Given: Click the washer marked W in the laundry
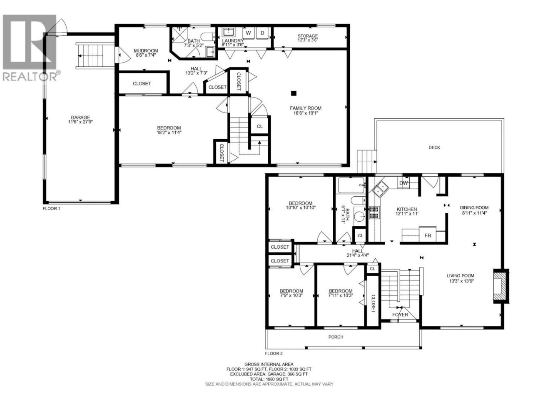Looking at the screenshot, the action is pyautogui.click(x=248, y=33).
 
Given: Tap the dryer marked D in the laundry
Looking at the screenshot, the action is pyautogui.click(x=262, y=33).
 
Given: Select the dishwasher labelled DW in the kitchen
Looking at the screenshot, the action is pyautogui.click(x=403, y=183).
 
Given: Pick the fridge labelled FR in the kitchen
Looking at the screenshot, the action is pyautogui.click(x=428, y=235).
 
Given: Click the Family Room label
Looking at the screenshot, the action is pyautogui.click(x=306, y=108).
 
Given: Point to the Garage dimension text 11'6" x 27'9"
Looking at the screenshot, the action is pyautogui.click(x=80, y=122).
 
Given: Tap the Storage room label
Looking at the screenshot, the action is pyautogui.click(x=308, y=36).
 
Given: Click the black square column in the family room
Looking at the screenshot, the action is pyautogui.click(x=294, y=93).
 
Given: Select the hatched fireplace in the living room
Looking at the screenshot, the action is pyautogui.click(x=501, y=286).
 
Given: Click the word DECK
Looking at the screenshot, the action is pyautogui.click(x=434, y=147).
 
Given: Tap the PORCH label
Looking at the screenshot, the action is pyautogui.click(x=336, y=337).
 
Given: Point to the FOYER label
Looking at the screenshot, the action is pyautogui.click(x=400, y=315).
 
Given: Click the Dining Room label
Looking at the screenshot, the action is pyautogui.click(x=474, y=207).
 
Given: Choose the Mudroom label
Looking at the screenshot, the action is pyautogui.click(x=146, y=51).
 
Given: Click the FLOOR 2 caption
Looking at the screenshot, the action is pyautogui.click(x=274, y=353).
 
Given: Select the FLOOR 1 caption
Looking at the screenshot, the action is pyautogui.click(x=51, y=208).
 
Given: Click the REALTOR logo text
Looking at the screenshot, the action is pyautogui.click(x=30, y=76).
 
